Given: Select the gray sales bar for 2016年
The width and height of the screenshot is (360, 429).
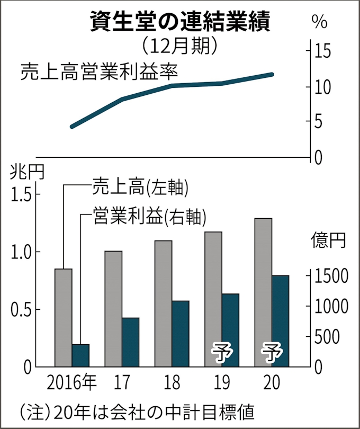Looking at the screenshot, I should [x=64, y=317].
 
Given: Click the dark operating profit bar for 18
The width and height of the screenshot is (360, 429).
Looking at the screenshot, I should [x=181, y=333].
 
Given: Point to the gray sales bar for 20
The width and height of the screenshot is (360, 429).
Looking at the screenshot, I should [x=263, y=292].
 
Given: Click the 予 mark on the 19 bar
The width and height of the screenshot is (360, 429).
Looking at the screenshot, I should [x=223, y=352].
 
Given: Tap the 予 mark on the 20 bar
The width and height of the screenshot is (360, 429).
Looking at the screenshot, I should [x=272, y=352].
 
